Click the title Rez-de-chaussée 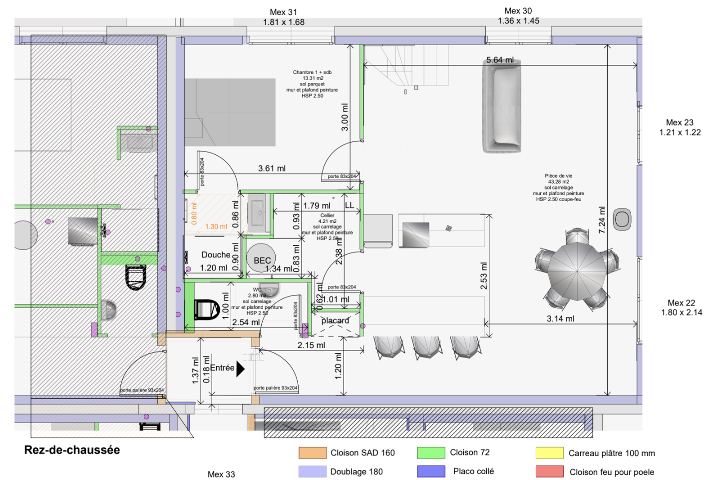point(72,450)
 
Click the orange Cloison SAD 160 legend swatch point(313,453)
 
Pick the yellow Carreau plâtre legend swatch point(549,453)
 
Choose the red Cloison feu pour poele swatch point(549,471)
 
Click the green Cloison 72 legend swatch point(431,453)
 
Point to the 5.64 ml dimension point(500,60)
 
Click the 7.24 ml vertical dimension point(602,220)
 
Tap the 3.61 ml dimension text point(272,168)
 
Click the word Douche point(216,255)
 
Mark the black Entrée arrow point(240,368)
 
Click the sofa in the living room point(501,107)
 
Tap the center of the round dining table point(577,272)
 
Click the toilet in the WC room point(206,309)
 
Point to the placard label point(335,320)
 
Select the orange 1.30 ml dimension point(216,226)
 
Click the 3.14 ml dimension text point(560,318)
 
